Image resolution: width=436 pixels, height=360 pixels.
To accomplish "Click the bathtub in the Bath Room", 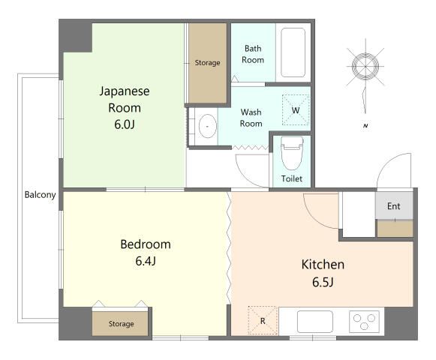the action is click(x=293, y=52).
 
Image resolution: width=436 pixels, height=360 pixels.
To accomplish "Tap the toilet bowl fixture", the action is click(x=292, y=153).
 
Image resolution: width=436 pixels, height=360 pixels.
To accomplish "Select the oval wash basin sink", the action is click(x=207, y=126).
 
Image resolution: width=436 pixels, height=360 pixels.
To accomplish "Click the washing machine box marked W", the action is click(x=296, y=110).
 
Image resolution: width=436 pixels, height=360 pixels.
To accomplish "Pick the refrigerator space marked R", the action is click(x=263, y=320).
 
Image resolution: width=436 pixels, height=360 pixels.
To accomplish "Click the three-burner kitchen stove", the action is click(x=364, y=321).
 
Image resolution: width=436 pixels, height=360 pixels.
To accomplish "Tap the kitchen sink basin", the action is click(x=314, y=322).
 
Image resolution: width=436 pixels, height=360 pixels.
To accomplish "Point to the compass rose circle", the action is click(x=365, y=67).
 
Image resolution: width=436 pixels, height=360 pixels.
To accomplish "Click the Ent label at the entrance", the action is click(x=394, y=206).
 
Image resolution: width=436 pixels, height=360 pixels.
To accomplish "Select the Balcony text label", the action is click(x=40, y=195).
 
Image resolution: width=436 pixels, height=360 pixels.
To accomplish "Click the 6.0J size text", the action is click(x=125, y=124).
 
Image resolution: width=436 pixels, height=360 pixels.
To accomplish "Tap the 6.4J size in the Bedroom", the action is click(x=146, y=261).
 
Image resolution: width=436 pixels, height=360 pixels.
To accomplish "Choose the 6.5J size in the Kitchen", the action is click(x=323, y=282).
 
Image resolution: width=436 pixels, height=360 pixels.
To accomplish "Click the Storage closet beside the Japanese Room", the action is click(x=208, y=63).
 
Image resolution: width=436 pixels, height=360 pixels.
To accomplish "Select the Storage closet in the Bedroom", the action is click(x=120, y=323).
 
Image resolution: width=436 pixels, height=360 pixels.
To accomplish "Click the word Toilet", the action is click(x=291, y=178).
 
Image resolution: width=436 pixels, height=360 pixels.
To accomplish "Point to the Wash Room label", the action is click(x=251, y=118).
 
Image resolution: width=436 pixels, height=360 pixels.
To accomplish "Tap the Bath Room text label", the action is click(x=253, y=54).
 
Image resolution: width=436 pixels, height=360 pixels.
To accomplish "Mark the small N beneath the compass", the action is click(x=365, y=126).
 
